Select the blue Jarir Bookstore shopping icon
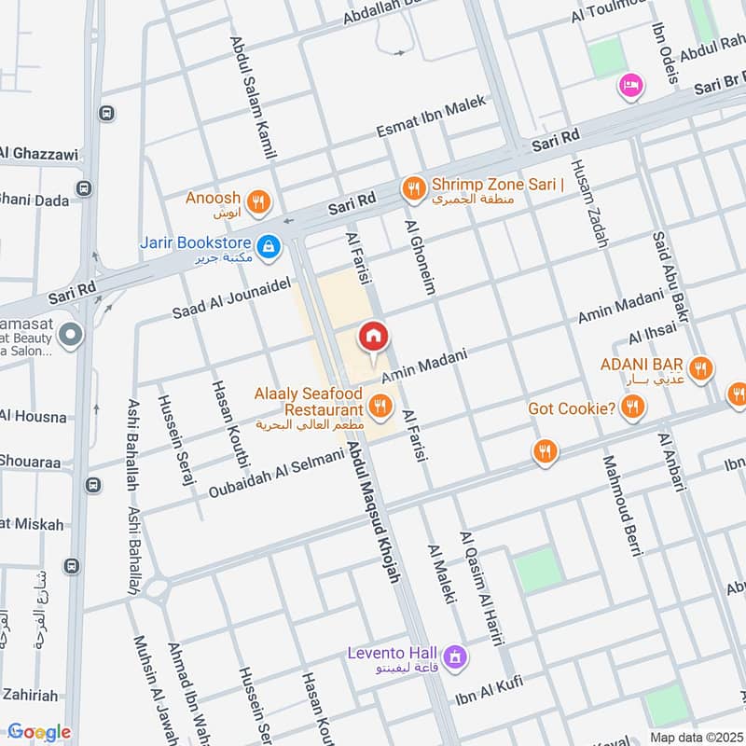(268, 246)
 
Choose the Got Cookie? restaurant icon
(633, 406)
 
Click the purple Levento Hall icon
(454, 656)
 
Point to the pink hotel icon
(631, 87)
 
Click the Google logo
(39, 732)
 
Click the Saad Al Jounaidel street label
(232, 299)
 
